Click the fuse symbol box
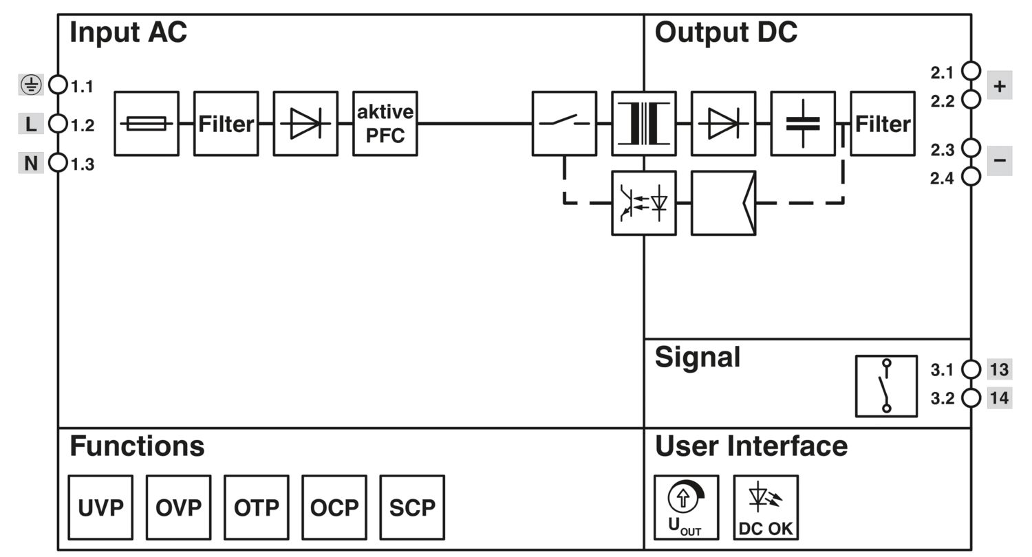click(147, 124)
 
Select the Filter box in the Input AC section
click(226, 124)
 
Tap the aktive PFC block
click(385, 124)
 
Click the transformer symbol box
click(644, 124)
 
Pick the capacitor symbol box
click(803, 124)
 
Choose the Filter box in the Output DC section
click(883, 124)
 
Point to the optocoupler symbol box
click(644, 203)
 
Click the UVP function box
click(100, 507)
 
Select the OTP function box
click(257, 507)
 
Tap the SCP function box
click(412, 507)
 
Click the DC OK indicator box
click(766, 507)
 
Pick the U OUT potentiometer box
click(686, 507)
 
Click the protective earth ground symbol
click(31, 85)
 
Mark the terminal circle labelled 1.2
click(58, 124)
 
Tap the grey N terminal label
click(31, 164)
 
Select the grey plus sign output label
click(1000, 86)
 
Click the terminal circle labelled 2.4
click(971, 177)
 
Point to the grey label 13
click(1000, 370)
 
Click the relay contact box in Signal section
click(886, 386)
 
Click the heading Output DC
click(726, 33)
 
